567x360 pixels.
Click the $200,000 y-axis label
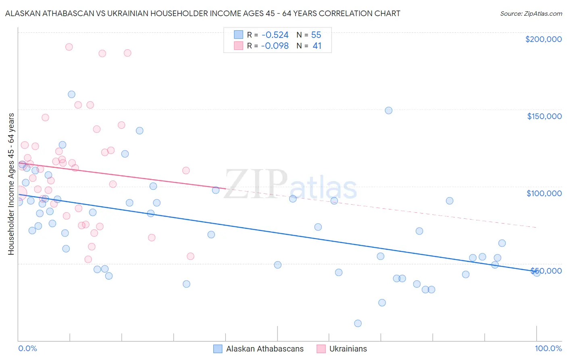(543, 39)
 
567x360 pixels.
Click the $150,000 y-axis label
(544, 116)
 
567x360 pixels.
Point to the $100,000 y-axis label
(544, 193)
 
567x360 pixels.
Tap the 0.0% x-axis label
(27, 349)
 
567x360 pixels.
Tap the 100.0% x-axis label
(548, 349)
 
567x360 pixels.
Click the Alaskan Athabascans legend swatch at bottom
(218, 349)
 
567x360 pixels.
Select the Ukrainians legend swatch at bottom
(321, 349)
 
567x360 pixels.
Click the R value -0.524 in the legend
(275, 35)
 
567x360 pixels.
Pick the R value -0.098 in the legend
(275, 46)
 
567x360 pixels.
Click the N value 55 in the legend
(316, 35)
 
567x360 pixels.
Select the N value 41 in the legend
(317, 46)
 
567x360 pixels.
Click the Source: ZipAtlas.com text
(531, 14)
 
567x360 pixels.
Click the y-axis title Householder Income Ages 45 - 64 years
(11, 184)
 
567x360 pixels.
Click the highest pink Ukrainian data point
(69, 47)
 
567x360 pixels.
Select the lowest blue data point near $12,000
(358, 323)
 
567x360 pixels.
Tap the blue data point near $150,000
(388, 111)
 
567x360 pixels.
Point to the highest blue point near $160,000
(71, 94)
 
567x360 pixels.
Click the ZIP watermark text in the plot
(256, 185)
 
